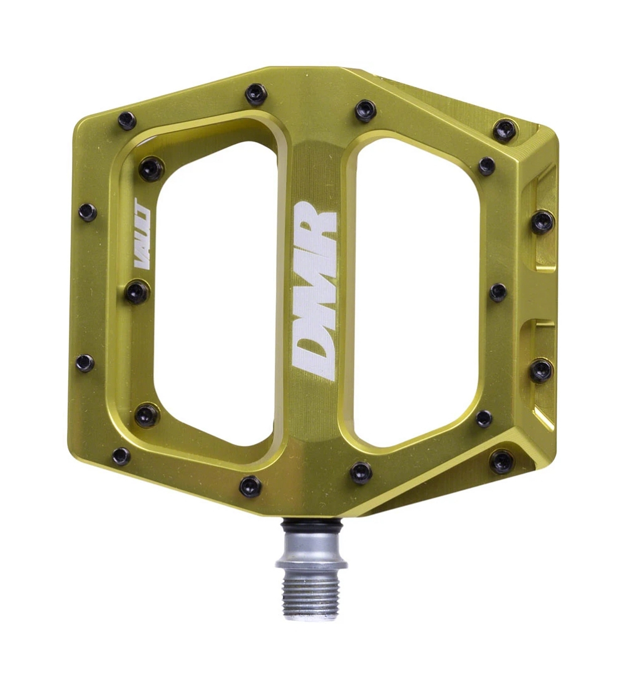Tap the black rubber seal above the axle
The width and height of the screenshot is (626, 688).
coord(312,524)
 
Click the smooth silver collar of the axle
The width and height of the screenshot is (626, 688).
coord(312,548)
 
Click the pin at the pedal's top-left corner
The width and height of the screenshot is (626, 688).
coord(127,121)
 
